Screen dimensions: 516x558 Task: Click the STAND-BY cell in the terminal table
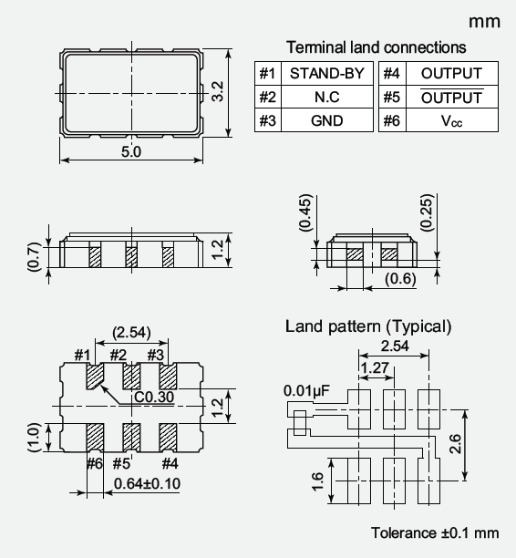(327, 73)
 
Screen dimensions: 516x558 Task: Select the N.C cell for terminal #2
(327, 97)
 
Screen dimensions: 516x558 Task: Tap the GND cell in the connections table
(327, 120)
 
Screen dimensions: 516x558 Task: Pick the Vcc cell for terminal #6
(452, 120)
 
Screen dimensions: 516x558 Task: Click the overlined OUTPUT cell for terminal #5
(452, 97)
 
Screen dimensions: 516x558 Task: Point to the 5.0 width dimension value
(131, 152)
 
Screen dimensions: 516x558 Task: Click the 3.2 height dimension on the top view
(218, 92)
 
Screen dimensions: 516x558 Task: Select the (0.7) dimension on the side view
(34, 257)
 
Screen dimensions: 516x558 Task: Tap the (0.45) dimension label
(305, 212)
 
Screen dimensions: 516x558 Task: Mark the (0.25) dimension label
(427, 212)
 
